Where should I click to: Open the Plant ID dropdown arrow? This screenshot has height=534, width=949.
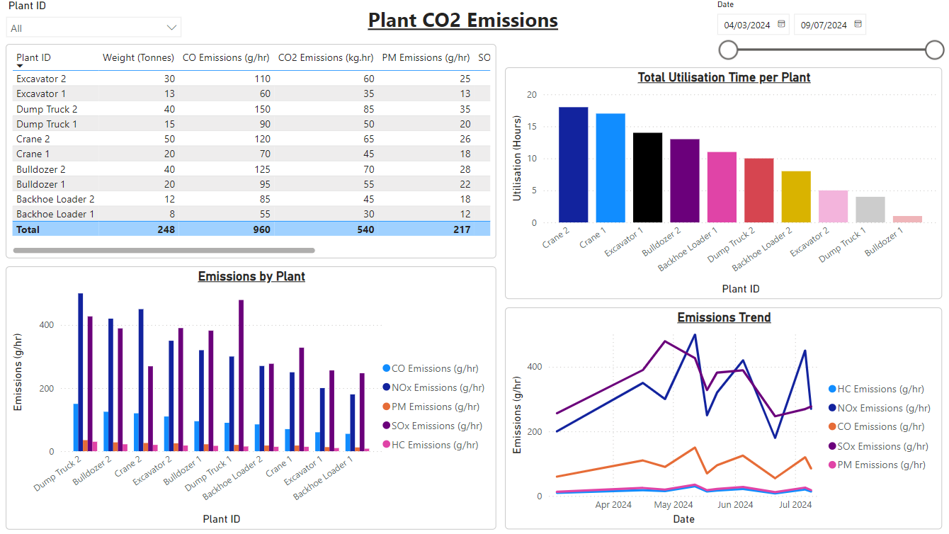(171, 28)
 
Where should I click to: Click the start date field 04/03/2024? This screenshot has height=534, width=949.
(747, 25)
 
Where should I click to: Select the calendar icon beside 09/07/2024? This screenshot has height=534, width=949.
(858, 24)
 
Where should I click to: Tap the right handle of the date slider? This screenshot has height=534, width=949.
(934, 50)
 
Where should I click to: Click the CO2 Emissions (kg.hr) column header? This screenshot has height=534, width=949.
(325, 57)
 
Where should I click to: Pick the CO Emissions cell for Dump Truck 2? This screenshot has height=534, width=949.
(262, 109)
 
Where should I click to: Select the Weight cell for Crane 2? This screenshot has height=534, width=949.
(169, 139)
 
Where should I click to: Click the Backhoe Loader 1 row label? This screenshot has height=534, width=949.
(55, 214)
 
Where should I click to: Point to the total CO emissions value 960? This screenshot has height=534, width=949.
(262, 229)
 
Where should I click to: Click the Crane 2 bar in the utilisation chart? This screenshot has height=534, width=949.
(573, 165)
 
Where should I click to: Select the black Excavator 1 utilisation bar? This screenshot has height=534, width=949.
(647, 178)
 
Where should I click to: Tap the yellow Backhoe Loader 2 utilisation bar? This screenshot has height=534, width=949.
(796, 197)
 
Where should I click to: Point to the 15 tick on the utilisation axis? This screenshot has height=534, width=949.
(532, 126)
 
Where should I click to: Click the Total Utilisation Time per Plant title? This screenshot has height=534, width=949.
(724, 78)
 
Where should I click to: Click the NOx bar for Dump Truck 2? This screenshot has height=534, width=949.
(81, 372)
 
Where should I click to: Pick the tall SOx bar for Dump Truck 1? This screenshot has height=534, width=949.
(241, 375)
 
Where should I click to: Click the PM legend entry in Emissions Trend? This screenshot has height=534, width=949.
(877, 465)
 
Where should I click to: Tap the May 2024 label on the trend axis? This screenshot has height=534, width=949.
(674, 505)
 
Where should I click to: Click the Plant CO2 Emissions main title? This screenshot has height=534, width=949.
(462, 20)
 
